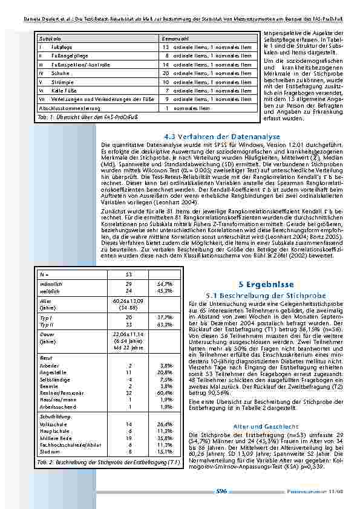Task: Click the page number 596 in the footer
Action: tap(221, 491)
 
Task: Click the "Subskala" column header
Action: tap(48, 38)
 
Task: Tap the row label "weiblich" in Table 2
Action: tap(48, 290)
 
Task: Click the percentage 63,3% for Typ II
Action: tap(164, 323)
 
